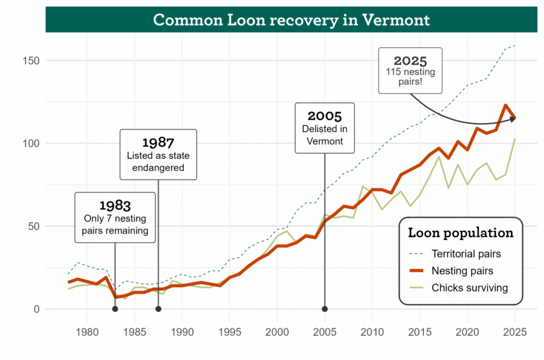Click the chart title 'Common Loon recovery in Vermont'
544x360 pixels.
point(291,20)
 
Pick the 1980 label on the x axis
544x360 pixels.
point(87,332)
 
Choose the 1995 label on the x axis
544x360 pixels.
point(229,332)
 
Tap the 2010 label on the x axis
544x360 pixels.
point(372,332)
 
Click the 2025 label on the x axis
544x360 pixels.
point(514,332)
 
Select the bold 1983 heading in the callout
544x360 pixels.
point(115,205)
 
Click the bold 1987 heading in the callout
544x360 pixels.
point(158,142)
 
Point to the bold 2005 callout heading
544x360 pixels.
point(325,116)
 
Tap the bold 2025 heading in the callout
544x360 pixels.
point(410,61)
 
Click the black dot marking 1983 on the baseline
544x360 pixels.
point(115,309)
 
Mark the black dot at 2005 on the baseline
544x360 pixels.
point(325,309)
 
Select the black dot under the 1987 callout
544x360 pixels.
point(158,309)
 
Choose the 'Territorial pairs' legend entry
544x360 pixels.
point(466,253)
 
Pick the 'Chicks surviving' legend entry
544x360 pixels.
point(470,288)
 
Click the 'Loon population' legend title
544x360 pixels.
point(460,233)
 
